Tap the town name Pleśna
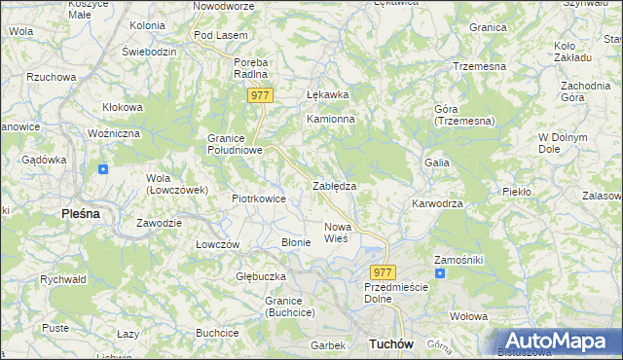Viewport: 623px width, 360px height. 81,212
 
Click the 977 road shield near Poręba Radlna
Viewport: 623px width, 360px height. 260,95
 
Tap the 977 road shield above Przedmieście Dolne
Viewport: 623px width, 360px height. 384,272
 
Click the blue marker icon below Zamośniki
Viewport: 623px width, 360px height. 439,273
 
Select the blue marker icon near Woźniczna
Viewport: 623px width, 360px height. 103,168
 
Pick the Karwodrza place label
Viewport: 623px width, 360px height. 437,204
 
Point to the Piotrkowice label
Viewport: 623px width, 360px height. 258,198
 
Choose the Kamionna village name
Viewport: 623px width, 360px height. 331,119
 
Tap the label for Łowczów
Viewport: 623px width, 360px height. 217,244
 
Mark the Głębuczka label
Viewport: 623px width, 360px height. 259,276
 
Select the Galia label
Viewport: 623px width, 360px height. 435,162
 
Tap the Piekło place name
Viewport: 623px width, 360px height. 516,192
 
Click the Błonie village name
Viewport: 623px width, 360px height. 295,241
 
